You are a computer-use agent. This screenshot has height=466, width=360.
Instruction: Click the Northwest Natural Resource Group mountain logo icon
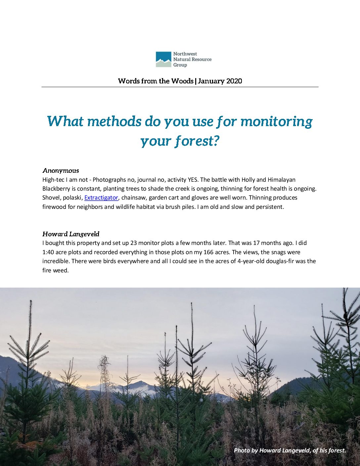coord(163,59)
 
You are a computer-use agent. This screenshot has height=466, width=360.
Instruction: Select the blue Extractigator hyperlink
coord(101,198)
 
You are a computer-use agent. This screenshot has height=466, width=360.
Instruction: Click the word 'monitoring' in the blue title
coord(276,121)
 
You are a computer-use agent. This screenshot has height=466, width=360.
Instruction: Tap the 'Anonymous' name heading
coord(61,171)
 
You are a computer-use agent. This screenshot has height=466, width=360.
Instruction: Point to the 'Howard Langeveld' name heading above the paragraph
coord(71,234)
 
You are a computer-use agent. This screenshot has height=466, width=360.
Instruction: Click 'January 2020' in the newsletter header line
coord(220,81)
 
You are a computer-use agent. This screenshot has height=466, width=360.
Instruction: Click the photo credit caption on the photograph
coord(290,450)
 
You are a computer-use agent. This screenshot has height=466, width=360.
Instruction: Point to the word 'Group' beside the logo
coord(180,65)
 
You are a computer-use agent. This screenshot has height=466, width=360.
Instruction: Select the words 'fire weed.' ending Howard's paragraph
coord(55,270)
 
